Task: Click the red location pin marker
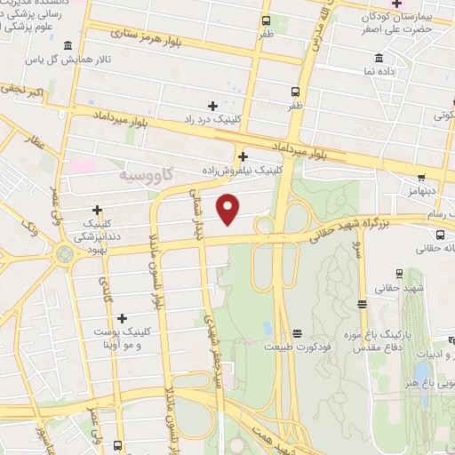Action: click(x=228, y=209)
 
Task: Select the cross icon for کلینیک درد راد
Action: click(x=212, y=106)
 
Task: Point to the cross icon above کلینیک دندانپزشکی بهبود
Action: click(x=97, y=210)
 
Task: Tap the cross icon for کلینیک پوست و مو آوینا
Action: click(x=122, y=318)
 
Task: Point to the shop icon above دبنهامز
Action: click(x=421, y=177)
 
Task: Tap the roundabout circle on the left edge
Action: click(x=64, y=254)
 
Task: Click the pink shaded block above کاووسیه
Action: click(x=82, y=166)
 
